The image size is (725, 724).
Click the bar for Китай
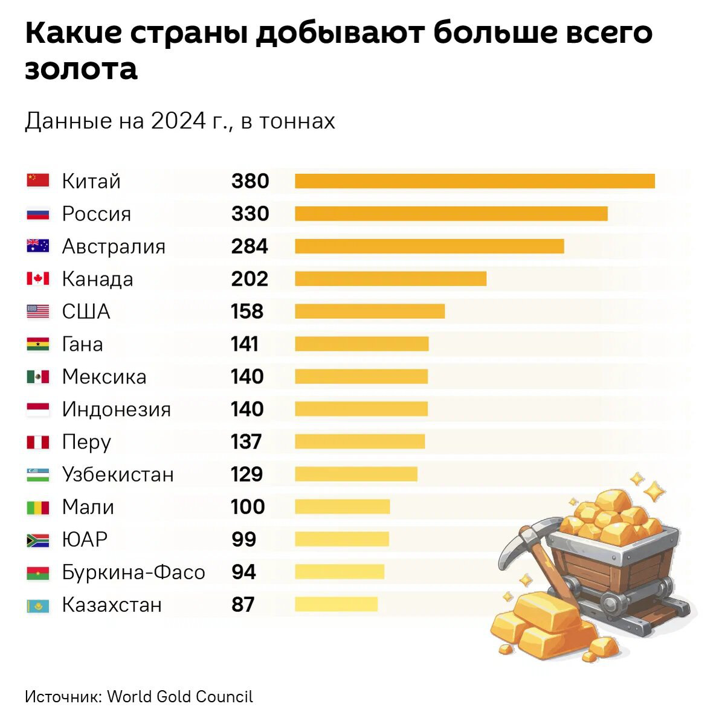click(x=475, y=181)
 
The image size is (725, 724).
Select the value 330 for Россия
click(x=250, y=214)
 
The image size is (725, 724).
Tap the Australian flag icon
click(x=38, y=246)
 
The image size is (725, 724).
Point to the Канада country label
click(x=97, y=279)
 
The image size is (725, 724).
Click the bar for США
click(x=370, y=312)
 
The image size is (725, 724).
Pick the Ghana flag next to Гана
click(x=38, y=344)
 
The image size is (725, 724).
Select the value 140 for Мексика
click(x=247, y=377)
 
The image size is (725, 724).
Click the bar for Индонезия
click(x=361, y=409)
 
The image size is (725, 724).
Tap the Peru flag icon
click(x=38, y=443)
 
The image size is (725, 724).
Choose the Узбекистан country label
click(x=118, y=475)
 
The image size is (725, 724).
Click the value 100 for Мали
click(x=248, y=507)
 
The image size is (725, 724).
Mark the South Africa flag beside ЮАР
click(x=38, y=540)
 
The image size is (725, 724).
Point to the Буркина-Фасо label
click(x=134, y=572)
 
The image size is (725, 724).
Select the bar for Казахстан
click(x=337, y=604)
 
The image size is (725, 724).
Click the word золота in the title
click(x=81, y=68)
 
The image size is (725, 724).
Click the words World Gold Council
click(x=180, y=696)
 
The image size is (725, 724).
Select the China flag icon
click(x=38, y=180)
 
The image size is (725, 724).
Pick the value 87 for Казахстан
click(x=243, y=605)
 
